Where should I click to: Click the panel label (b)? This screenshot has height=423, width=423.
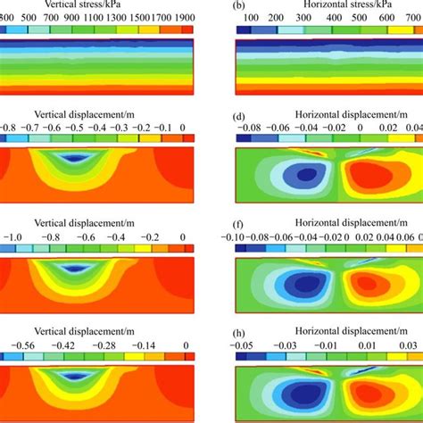pyautogui.click(x=237, y=5)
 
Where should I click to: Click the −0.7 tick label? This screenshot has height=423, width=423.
pyautogui.click(x=42, y=129)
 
